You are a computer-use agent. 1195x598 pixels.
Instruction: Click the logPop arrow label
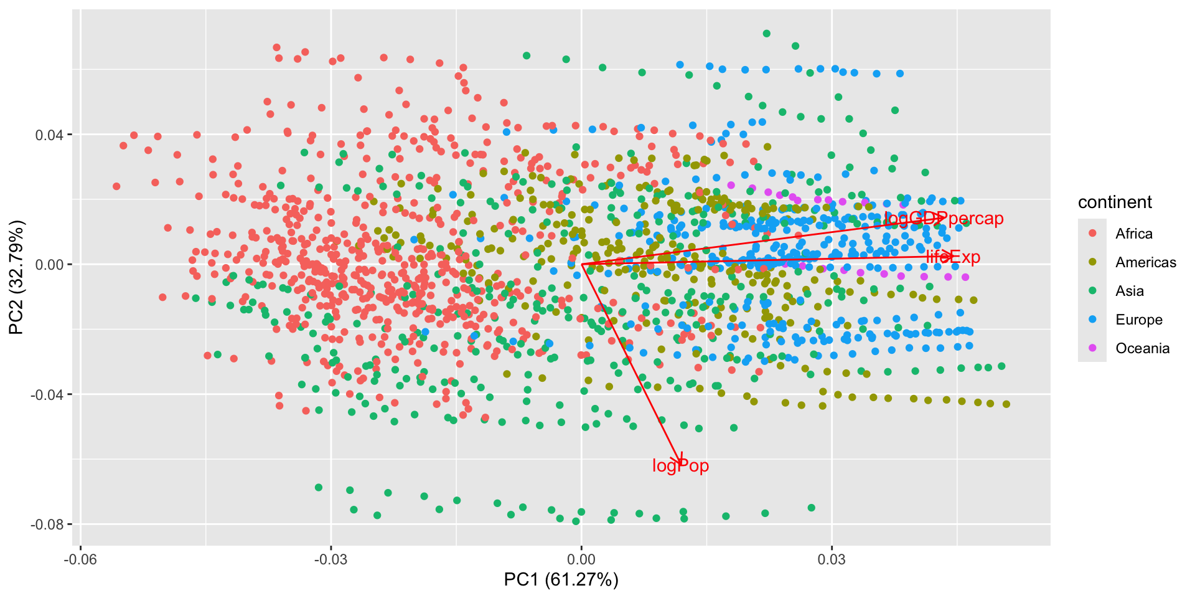coord(680,466)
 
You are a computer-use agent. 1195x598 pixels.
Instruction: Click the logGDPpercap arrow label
coord(944,219)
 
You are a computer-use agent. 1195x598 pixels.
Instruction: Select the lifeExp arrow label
coord(953,257)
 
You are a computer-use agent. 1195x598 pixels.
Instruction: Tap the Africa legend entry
coord(1133,234)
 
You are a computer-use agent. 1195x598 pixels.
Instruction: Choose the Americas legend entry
coord(1145,262)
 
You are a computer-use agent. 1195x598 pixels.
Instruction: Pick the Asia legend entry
coord(1129,291)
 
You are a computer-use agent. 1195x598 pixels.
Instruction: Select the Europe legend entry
coord(1138,320)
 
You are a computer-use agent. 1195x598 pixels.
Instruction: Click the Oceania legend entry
coord(1142,348)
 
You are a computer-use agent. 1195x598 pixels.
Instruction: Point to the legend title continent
coord(1115,202)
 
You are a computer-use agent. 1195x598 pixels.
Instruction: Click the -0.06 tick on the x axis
coord(80,559)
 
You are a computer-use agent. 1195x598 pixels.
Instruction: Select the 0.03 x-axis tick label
coord(832,559)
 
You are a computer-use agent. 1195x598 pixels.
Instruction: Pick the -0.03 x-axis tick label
coord(330,559)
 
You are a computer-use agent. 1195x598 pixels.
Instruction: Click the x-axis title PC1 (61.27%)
coord(561,580)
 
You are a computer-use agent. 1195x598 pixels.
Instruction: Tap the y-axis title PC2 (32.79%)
coord(16,277)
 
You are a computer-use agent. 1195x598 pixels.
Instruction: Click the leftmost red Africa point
coord(116,186)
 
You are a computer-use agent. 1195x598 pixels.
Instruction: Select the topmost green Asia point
coord(767,34)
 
